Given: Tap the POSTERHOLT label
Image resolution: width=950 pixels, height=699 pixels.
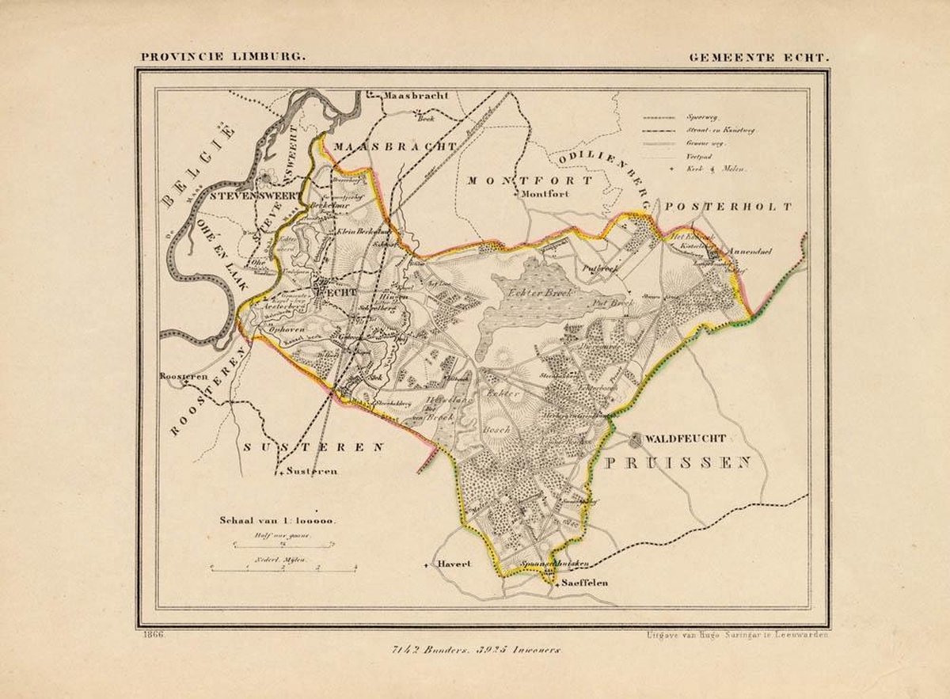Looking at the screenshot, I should coord(728,207).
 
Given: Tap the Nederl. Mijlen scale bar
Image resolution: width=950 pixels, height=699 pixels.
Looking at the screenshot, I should coord(283,567).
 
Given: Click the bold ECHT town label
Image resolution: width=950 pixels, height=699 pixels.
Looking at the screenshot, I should coord(337,291).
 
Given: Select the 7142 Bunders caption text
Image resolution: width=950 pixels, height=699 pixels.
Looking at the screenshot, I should coord(485,649).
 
